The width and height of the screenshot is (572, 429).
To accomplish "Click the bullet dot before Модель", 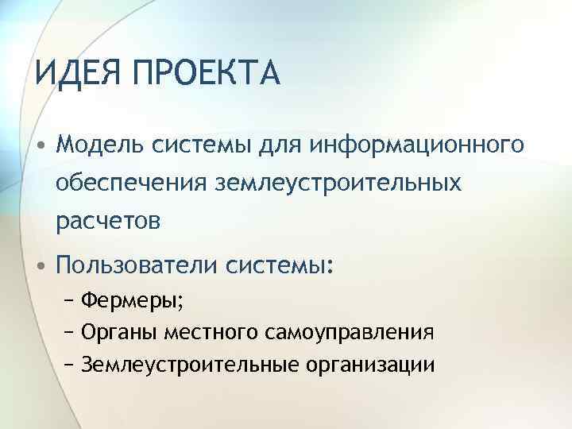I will pos(40,147).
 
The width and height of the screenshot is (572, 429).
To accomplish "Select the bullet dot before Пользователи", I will pos(40,264).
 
